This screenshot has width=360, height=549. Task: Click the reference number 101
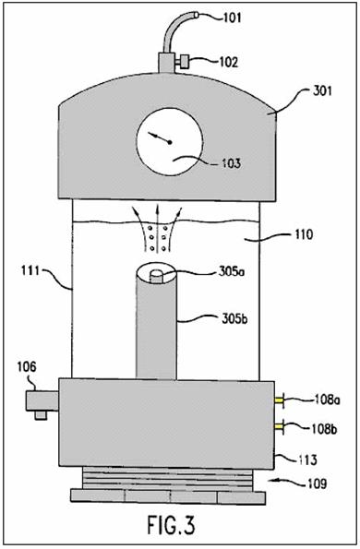point(232,18)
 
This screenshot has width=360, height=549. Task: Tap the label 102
point(229,62)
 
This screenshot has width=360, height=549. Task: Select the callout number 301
point(322,91)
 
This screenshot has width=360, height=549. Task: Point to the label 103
point(231,163)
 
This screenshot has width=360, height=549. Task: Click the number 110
point(304,233)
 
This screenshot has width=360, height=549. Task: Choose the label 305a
point(231,272)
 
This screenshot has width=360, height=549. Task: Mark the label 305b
point(234,319)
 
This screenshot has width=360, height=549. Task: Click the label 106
point(27,367)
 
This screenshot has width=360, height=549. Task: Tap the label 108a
point(327,400)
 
